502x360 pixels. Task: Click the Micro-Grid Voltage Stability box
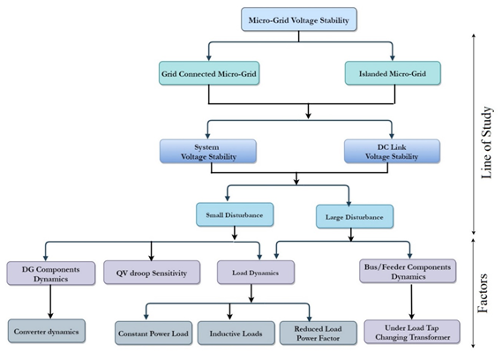299,19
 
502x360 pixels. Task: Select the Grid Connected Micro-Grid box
209,73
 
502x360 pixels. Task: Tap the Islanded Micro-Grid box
393,73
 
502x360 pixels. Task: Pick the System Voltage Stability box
208,151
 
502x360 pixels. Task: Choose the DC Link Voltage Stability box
392,151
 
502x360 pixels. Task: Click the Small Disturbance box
235,214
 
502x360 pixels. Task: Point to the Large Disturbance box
355,216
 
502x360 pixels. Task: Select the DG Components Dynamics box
51,274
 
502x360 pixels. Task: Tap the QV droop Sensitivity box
152,273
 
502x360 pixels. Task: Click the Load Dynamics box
256,273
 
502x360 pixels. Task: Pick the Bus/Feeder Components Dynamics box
408,271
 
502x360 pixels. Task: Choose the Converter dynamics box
47,331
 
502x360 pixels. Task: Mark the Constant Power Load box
154,334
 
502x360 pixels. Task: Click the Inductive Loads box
236,334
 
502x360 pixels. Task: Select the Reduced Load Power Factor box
318,334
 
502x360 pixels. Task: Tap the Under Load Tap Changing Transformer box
412,332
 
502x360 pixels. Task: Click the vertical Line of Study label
486,143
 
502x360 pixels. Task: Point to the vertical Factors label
483,293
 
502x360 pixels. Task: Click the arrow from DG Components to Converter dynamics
50,302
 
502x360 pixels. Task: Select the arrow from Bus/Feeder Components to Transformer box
412,302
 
